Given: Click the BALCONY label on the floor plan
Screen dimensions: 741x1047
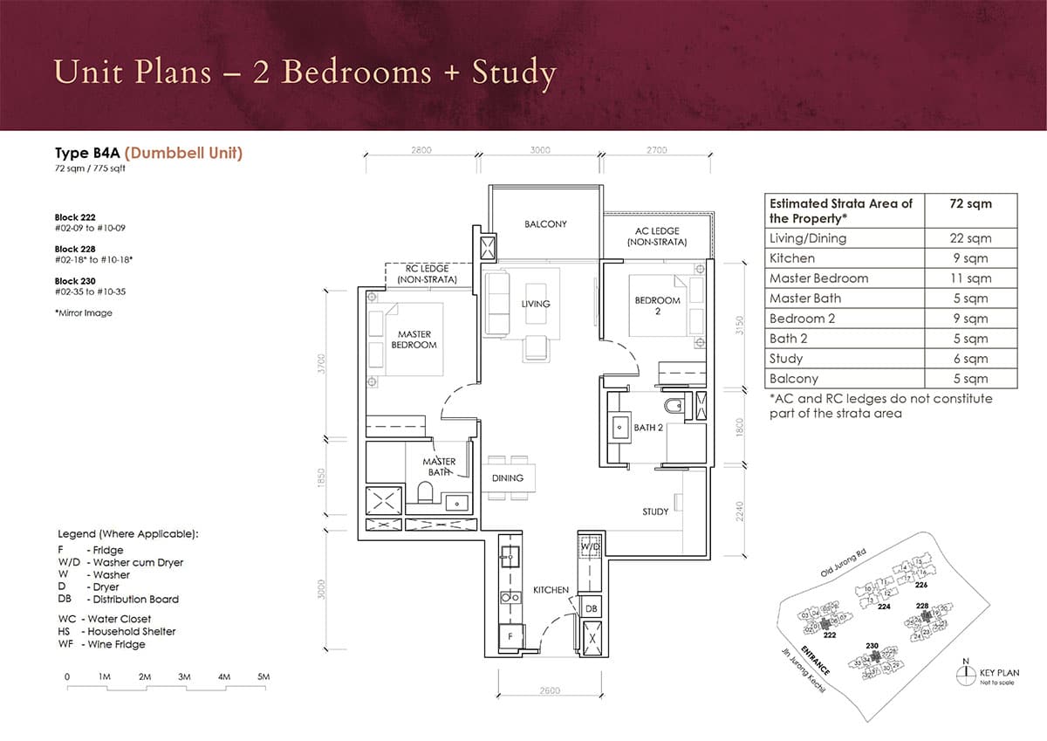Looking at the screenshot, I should (545, 224).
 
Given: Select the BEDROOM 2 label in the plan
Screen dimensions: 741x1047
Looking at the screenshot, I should (657, 305).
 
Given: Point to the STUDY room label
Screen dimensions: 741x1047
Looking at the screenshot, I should (655, 511).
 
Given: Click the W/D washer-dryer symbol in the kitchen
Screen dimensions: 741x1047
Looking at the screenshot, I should (591, 546).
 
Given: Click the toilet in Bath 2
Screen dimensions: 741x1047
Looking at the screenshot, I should (672, 408).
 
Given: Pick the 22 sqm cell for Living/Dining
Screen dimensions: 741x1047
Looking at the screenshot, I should (970, 238).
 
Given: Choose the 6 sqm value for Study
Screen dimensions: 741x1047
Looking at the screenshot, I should (970, 359).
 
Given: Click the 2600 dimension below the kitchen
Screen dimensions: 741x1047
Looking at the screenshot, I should (550, 691).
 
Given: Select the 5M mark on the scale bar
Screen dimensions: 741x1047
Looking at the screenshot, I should (263, 677).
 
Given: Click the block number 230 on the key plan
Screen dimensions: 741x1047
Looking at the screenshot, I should (872, 646).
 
